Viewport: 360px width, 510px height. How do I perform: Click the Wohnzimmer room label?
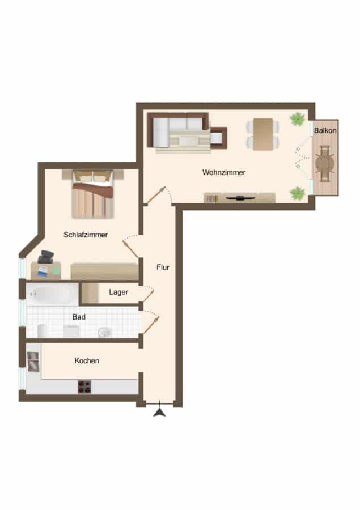[224, 172]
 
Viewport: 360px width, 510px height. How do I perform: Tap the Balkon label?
[325, 130]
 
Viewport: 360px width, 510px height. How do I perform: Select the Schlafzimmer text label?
[86, 235]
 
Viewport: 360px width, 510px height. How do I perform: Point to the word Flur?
[163, 267]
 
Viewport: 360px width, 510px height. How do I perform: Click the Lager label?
[118, 292]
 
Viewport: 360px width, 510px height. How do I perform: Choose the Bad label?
[79, 317]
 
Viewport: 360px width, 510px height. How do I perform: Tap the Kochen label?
[87, 360]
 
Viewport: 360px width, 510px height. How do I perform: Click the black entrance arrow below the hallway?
[159, 412]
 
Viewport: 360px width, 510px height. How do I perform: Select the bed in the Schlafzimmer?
[93, 194]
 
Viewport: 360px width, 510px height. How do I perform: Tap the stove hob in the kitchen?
[84, 387]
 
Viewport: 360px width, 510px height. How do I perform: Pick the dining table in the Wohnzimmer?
[263, 134]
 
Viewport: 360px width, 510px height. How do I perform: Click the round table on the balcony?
[325, 162]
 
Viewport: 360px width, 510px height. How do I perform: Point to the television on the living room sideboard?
[240, 198]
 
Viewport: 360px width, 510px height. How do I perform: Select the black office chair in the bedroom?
[45, 257]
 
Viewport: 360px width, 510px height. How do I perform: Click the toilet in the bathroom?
[42, 331]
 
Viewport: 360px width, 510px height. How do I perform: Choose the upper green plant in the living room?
[298, 119]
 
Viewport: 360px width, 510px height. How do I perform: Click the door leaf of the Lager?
[149, 296]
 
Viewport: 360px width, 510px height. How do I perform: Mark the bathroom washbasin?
[105, 333]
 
